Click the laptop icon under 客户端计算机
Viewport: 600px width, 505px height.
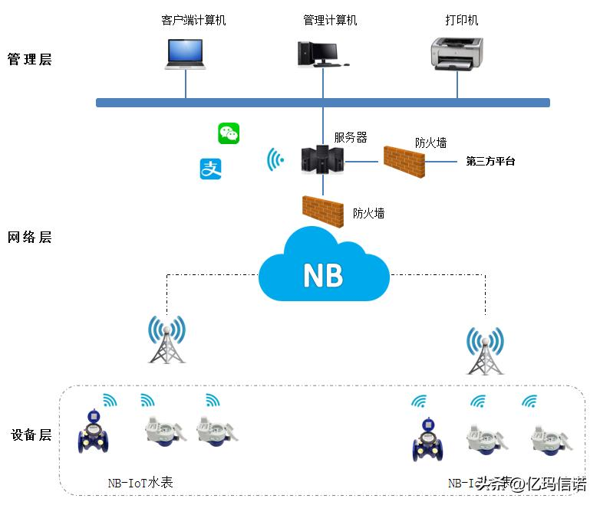(186, 54)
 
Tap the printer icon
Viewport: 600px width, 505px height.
(458, 54)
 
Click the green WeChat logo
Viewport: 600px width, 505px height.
(229, 133)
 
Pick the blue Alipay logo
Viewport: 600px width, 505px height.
(210, 169)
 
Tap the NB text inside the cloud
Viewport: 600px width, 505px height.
(323, 274)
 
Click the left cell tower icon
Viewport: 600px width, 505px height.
(167, 339)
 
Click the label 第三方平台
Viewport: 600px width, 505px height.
(490, 162)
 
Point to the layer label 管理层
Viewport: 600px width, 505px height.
(29, 60)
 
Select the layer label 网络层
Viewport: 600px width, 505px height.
(29, 238)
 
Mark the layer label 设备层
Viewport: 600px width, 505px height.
(31, 435)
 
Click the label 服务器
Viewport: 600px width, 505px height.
(351, 138)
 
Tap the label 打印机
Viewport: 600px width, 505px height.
(462, 21)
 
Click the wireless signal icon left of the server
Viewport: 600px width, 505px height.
(275, 159)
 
